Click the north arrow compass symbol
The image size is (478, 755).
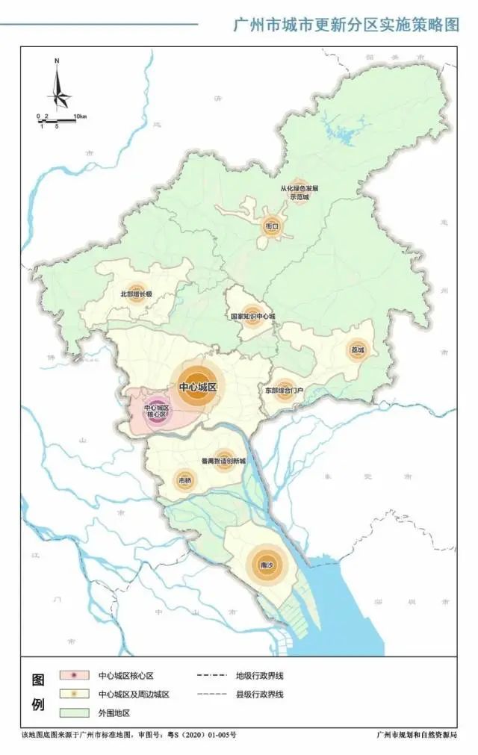pyautogui.click(x=58, y=87)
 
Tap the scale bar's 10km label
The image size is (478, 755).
pyautogui.click(x=80, y=117)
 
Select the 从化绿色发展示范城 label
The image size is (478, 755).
pyautogui.click(x=299, y=193)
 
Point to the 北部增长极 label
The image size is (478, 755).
pyautogui.click(x=136, y=294)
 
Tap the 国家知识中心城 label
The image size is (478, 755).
pyautogui.click(x=252, y=316)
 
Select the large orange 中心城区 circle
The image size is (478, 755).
pyautogui.click(x=197, y=388)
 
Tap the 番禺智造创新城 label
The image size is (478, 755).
pyautogui.click(x=223, y=461)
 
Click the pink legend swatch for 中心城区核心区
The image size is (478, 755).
pyautogui.click(x=77, y=676)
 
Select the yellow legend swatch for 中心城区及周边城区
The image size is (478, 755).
pyautogui.click(x=77, y=695)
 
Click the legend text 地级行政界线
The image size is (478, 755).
pyautogui.click(x=260, y=676)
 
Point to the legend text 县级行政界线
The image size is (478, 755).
pyautogui.click(x=260, y=695)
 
